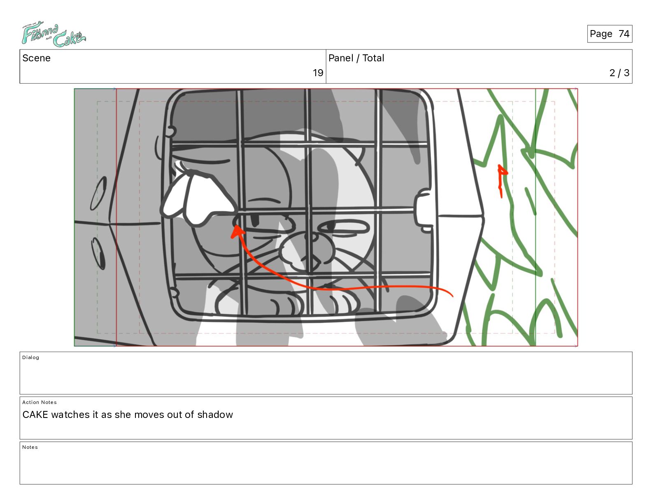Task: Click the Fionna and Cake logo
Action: (x=54, y=34)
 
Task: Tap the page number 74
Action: (x=624, y=34)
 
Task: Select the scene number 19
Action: (x=318, y=72)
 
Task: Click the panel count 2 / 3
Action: (x=619, y=72)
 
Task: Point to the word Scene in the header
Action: (x=36, y=58)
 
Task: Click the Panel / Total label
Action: (x=356, y=58)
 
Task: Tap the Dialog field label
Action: (x=30, y=357)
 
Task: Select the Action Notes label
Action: (x=39, y=402)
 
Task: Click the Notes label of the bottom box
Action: (x=30, y=447)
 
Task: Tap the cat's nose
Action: (x=314, y=238)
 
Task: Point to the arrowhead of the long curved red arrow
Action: (x=237, y=232)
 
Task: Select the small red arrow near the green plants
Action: (x=501, y=180)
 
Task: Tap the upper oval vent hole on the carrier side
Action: (x=98, y=193)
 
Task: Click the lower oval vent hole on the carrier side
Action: (x=98, y=253)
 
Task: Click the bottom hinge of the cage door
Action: (x=174, y=292)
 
